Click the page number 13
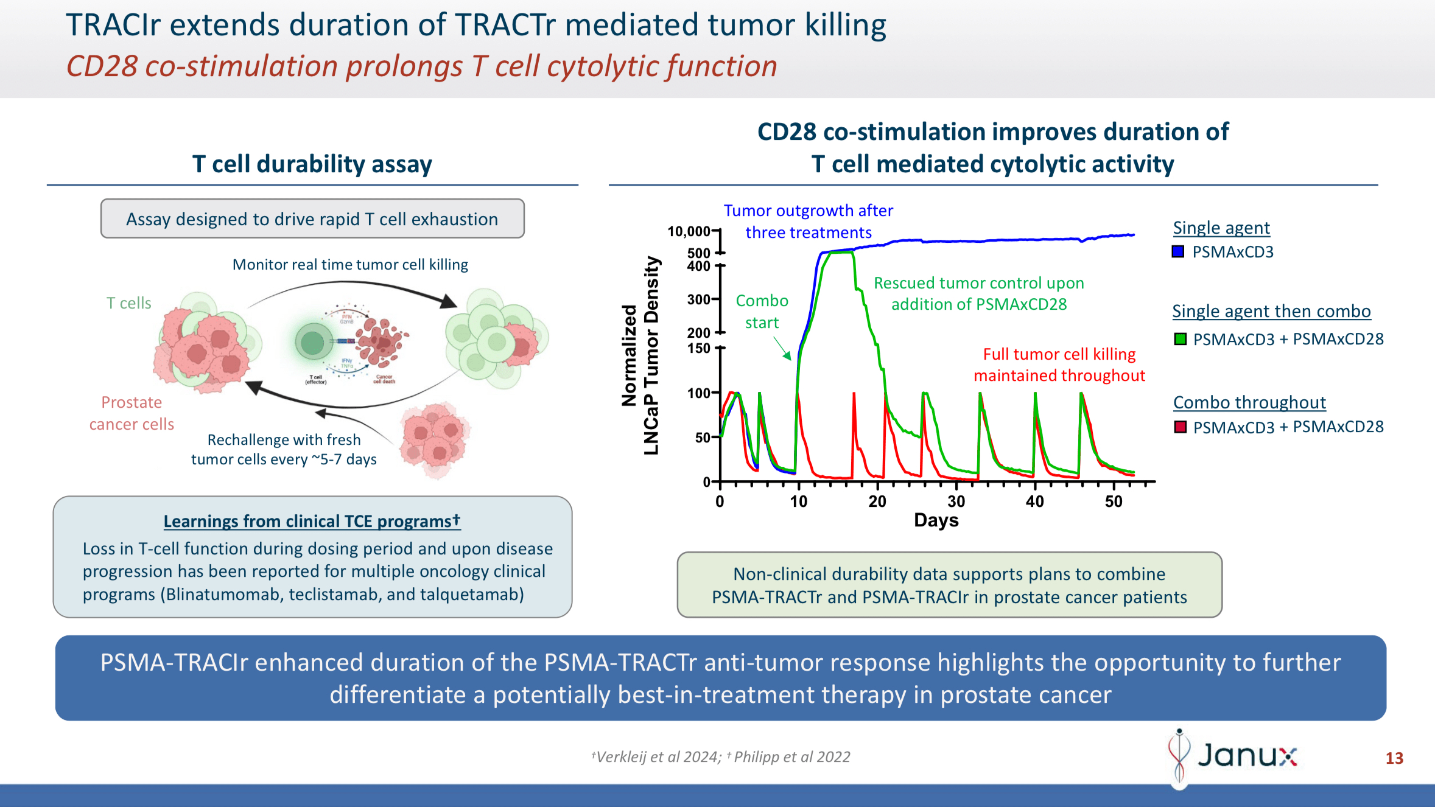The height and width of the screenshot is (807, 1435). click(x=1394, y=758)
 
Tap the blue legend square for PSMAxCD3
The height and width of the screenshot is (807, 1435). click(x=1178, y=252)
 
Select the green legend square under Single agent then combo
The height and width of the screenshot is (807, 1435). click(x=1180, y=339)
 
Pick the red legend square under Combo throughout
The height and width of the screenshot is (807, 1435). click(x=1180, y=427)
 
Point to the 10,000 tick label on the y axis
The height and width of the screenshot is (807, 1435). click(x=689, y=232)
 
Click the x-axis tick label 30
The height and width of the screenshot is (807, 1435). click(x=956, y=501)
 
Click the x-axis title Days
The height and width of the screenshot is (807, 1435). click(x=936, y=520)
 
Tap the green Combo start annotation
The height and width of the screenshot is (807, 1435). click(x=762, y=312)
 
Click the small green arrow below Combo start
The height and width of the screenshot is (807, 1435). click(x=782, y=349)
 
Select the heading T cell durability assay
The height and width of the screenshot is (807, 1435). click(x=312, y=164)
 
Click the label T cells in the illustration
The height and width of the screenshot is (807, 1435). click(x=128, y=303)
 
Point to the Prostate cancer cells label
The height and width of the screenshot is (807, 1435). click(x=132, y=413)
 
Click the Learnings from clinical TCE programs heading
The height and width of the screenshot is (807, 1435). click(x=312, y=522)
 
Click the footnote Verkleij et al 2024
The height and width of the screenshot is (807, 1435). click(x=658, y=757)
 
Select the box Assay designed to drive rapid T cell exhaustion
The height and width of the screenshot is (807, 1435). click(x=312, y=219)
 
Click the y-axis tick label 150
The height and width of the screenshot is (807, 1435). click(x=698, y=349)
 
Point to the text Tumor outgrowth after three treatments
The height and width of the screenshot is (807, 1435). click(x=808, y=222)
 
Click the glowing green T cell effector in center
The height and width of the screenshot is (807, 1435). click(x=314, y=343)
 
